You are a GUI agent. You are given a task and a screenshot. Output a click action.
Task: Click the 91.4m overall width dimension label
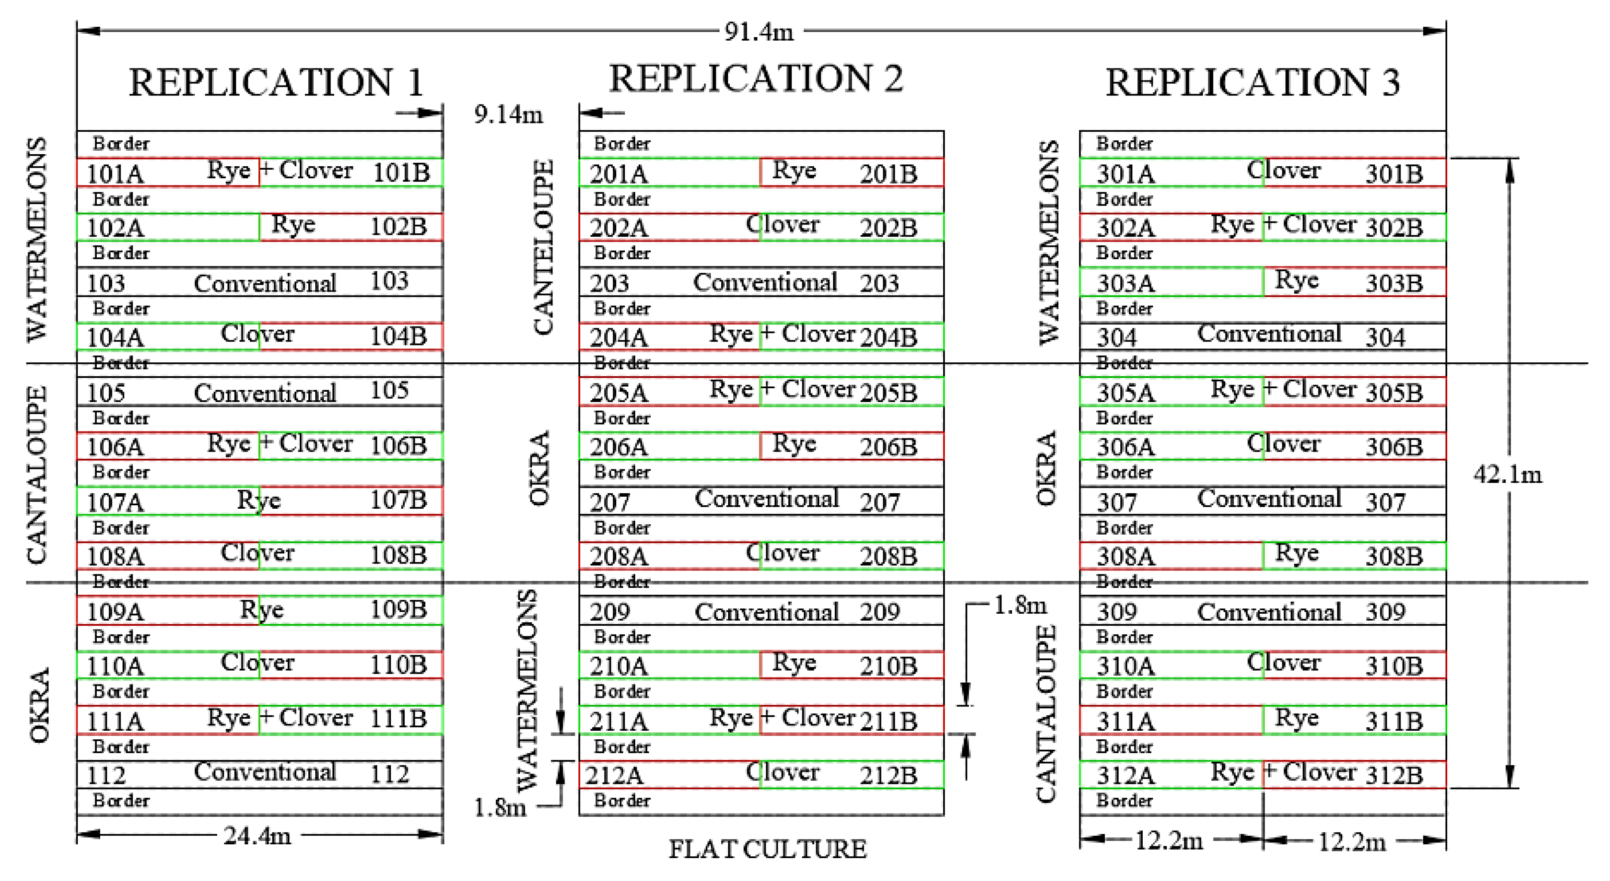point(759,31)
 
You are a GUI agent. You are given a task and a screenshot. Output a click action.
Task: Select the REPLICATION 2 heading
point(756,79)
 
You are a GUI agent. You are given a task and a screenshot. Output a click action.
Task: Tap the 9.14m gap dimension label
point(508,114)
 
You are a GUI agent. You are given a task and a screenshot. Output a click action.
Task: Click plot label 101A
point(115,174)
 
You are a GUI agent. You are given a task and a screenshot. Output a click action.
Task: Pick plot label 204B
point(888,337)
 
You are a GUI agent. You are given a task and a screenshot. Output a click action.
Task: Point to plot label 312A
point(1125,775)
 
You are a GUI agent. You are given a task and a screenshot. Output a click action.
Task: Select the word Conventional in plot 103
point(265,284)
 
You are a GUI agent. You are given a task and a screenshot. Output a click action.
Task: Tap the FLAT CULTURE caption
point(767,849)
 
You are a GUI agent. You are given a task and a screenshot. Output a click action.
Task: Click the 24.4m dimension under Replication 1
point(257,835)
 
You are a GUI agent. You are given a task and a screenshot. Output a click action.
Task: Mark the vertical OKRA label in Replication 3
point(1046,467)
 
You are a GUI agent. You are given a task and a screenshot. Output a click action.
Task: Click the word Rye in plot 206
point(794,444)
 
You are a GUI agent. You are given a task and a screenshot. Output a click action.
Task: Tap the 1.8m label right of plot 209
point(1020,605)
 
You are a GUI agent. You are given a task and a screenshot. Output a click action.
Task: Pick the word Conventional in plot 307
point(1269,499)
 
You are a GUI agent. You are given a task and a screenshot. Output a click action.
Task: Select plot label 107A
point(115,502)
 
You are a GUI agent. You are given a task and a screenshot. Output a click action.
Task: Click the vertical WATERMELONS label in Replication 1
point(38,239)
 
